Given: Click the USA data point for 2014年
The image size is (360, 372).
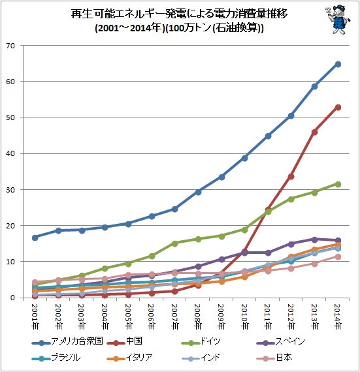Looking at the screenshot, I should click(x=338, y=64).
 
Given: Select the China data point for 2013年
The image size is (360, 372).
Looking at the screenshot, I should click(x=314, y=132).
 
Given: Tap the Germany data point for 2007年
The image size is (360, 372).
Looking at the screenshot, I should click(x=174, y=243).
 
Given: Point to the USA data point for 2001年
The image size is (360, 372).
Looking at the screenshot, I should click(x=35, y=238).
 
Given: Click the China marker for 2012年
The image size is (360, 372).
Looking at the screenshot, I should click(x=291, y=176).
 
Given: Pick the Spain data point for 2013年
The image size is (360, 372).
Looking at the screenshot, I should click(x=314, y=240).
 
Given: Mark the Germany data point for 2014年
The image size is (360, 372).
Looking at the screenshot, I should click(x=338, y=184).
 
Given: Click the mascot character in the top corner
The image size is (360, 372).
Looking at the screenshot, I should click(x=338, y=21).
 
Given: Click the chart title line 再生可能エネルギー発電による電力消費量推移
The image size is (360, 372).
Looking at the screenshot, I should click(x=179, y=14).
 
